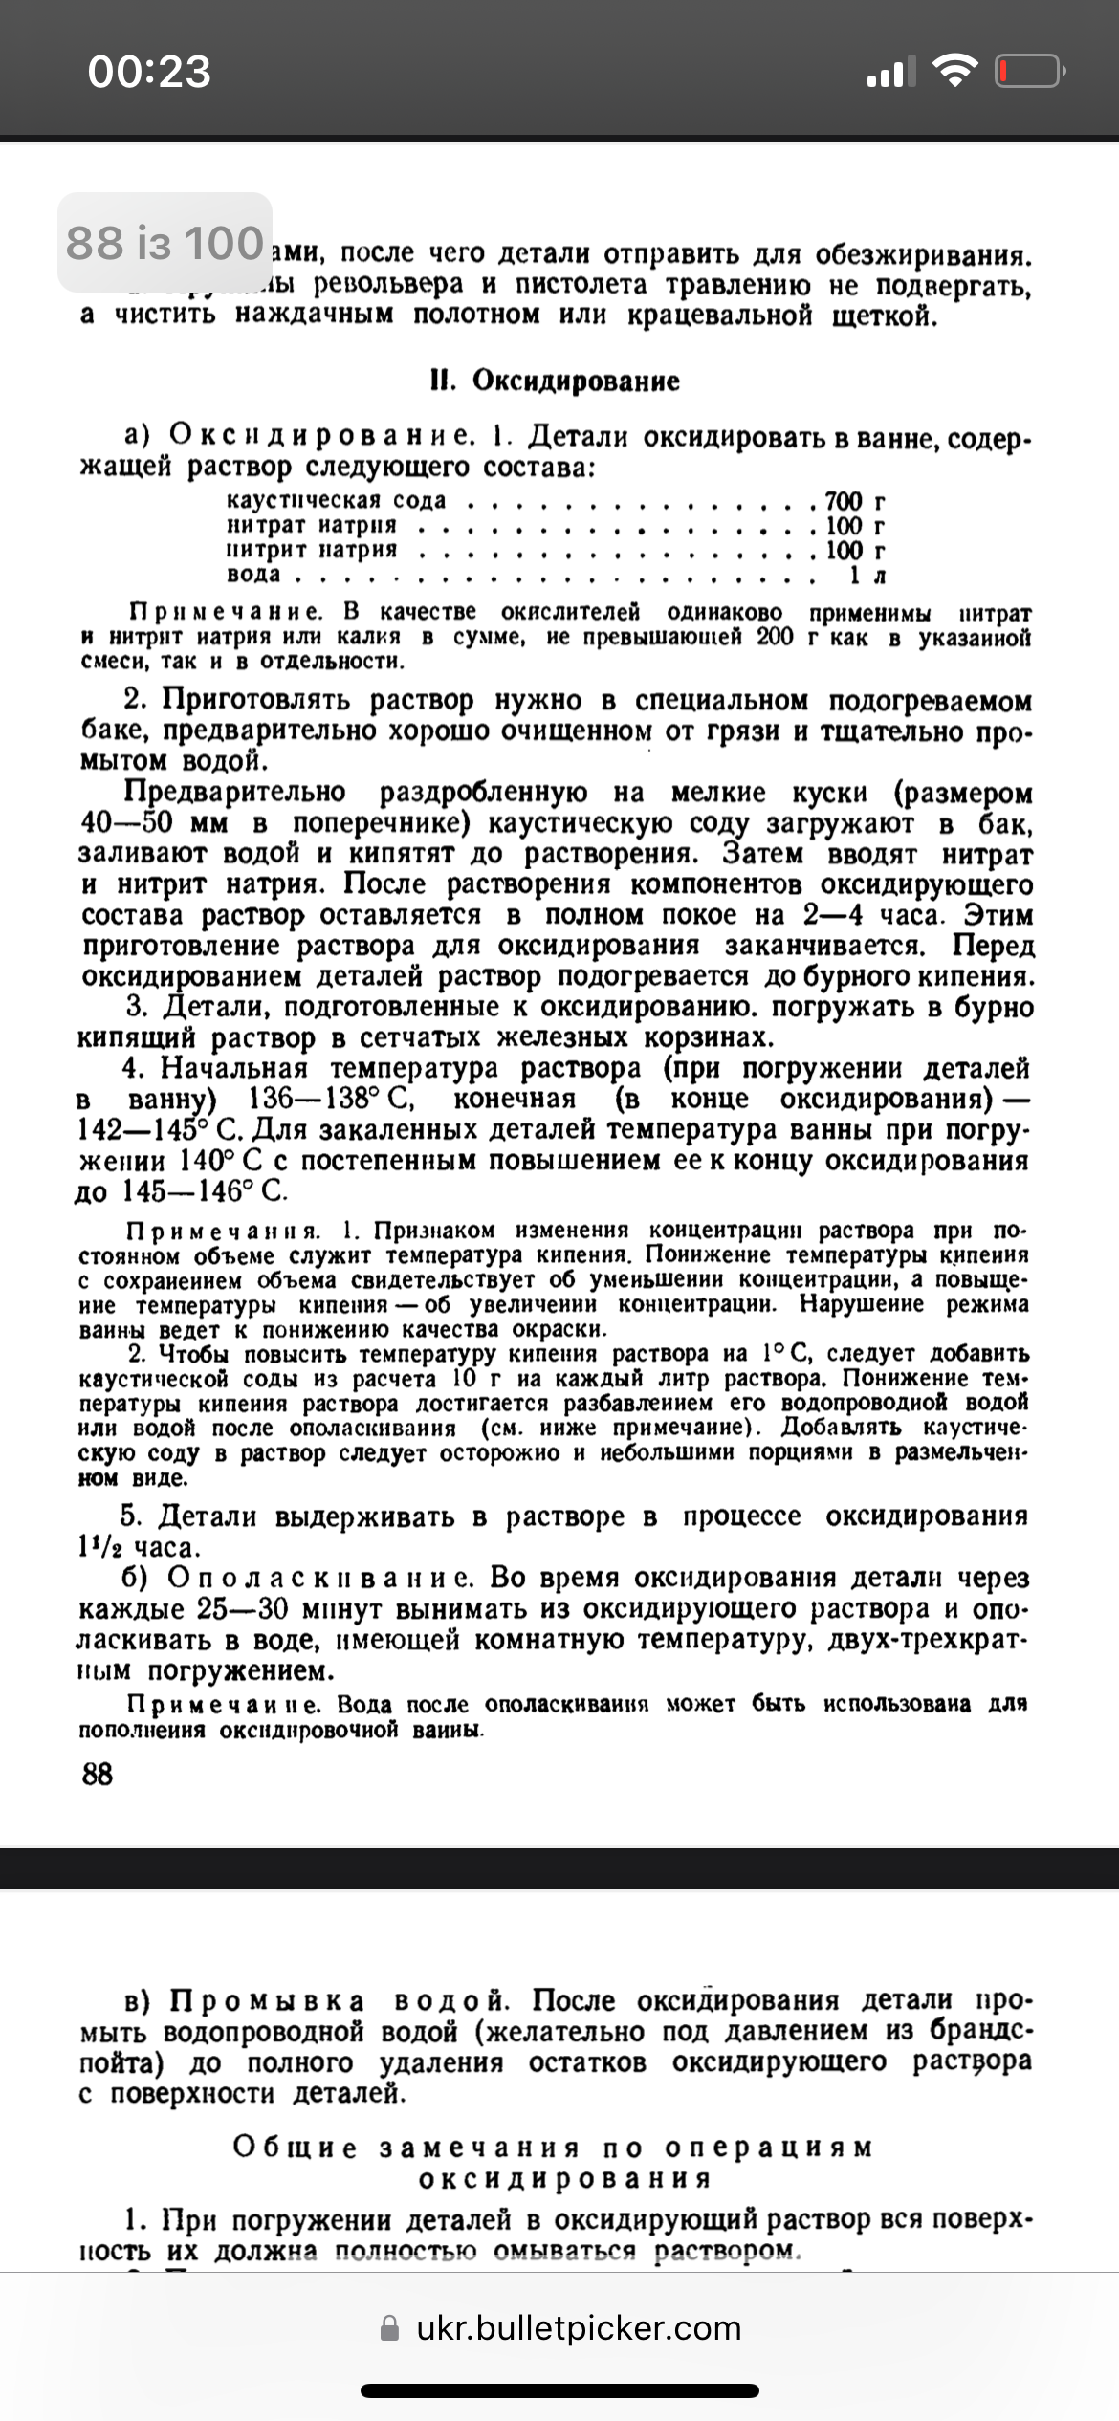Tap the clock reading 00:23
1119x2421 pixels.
pos(149,72)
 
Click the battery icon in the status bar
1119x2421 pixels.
pos(1030,72)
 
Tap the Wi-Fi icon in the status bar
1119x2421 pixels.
pos(953,70)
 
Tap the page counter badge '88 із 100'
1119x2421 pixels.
pos(165,242)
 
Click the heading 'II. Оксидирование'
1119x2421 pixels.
pos(555,381)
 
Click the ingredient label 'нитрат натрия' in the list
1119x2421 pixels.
pos(311,525)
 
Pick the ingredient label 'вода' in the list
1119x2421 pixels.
pos(253,575)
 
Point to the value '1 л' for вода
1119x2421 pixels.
pos(867,575)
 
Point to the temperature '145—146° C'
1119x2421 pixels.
pos(205,1191)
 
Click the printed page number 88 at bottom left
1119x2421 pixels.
pos(97,1775)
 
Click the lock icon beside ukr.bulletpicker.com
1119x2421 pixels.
pos(389,2328)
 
